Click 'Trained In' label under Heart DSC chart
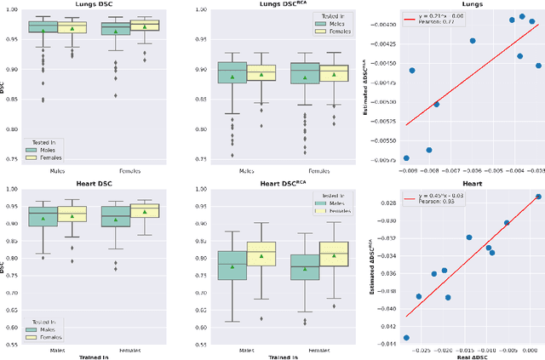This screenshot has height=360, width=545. [x=95, y=356]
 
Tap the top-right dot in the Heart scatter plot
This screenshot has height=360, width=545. [x=537, y=197]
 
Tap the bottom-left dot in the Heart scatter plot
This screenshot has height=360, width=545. [x=406, y=338]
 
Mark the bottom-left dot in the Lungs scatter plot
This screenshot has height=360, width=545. [x=406, y=157]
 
